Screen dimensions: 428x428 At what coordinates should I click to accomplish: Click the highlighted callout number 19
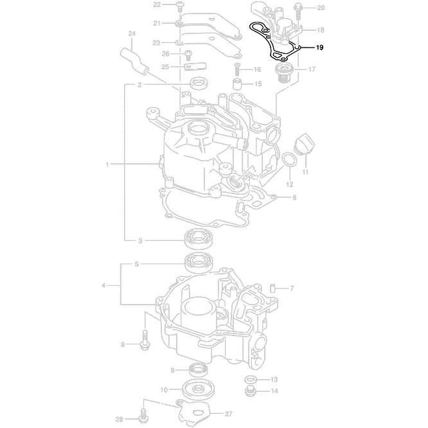320,48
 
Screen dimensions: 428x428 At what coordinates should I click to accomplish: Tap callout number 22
157,4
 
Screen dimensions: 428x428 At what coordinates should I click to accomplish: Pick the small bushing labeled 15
237,84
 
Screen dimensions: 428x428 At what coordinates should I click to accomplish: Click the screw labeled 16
237,67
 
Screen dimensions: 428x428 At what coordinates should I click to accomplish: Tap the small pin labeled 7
272,287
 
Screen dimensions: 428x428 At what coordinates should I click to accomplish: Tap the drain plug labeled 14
251,390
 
